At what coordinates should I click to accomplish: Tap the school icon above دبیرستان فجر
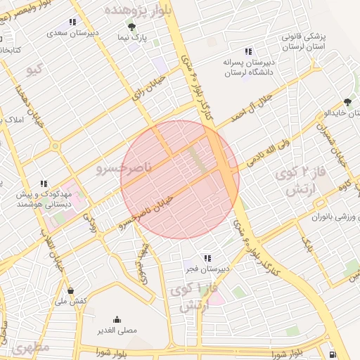[207, 258]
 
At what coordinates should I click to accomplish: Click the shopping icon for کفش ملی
[71, 290]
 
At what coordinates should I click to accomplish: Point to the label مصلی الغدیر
[117, 329]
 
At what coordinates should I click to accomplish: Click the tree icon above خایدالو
[346, 103]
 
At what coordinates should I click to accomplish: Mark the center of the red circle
[180, 179]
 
